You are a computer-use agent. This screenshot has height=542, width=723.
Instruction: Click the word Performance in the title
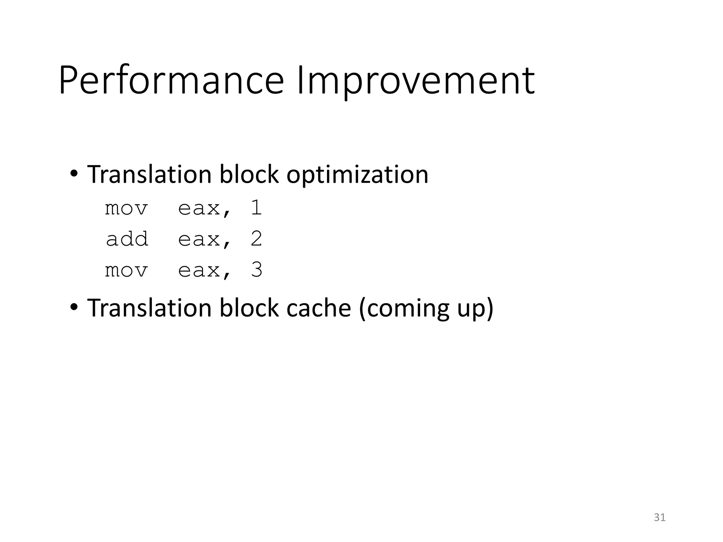coord(171,80)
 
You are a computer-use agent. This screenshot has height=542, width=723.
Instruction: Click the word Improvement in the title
coord(416,80)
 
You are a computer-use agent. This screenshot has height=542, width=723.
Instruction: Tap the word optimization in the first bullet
coord(357,174)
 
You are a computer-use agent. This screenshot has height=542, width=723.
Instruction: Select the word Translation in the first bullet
coord(149,174)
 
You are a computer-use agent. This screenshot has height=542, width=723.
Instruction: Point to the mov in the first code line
coord(126,208)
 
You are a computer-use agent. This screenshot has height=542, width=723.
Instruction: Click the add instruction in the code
coord(127,239)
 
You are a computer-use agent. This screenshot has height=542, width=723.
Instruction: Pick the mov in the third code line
coord(126,270)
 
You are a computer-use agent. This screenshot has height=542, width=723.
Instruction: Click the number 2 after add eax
coord(256,239)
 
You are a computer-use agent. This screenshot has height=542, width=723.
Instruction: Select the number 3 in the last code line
coord(257,270)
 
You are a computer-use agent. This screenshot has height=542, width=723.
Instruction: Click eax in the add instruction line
coord(199,239)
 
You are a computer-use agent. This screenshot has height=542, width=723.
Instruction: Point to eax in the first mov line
coord(199,208)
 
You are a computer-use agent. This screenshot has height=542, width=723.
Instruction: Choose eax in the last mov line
coord(199,270)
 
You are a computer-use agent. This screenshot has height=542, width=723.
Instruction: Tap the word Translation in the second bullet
coord(149,308)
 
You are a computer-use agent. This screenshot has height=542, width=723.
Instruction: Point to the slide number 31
coord(659,517)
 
